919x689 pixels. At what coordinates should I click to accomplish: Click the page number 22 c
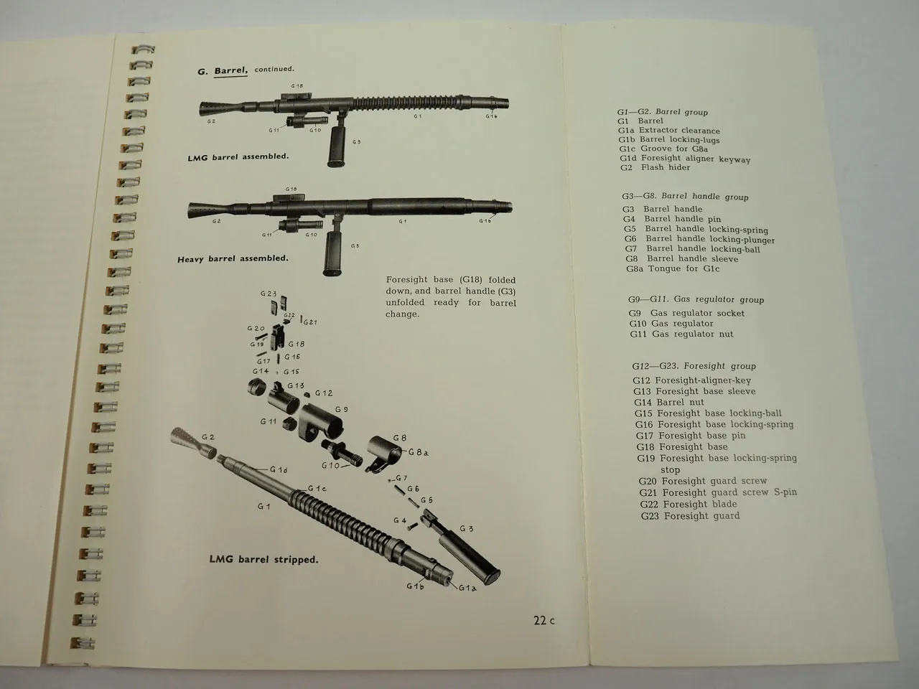click(x=544, y=621)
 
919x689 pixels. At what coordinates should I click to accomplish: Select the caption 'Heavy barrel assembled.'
click(x=233, y=258)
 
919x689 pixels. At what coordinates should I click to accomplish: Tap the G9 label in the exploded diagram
click(x=342, y=410)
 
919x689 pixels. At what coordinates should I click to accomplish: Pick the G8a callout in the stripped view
click(x=419, y=452)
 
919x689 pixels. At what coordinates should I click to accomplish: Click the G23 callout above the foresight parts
click(x=268, y=294)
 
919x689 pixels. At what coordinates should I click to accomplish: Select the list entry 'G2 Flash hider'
click(x=655, y=167)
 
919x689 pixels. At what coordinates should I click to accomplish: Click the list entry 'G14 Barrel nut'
click(x=668, y=402)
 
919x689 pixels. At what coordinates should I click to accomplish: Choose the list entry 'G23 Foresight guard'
click(x=690, y=515)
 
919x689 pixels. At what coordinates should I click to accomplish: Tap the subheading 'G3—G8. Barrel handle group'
click(x=685, y=196)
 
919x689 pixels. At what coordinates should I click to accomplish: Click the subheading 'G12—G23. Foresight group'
click(x=694, y=366)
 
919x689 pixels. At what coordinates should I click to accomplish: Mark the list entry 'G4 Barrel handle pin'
click(x=672, y=219)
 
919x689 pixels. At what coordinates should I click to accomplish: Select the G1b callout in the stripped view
click(x=414, y=585)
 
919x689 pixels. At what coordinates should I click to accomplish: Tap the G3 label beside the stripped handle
click(x=466, y=528)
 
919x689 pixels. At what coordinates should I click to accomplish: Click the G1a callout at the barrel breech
click(x=467, y=589)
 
